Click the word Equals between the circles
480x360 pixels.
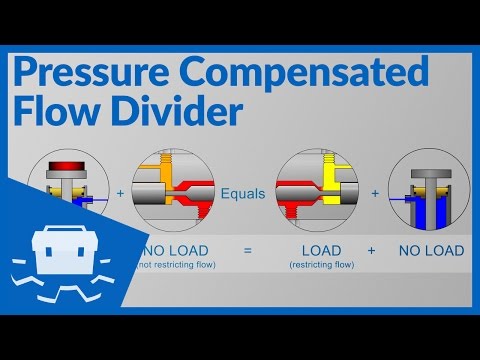(243, 194)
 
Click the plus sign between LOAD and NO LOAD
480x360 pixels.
(371, 250)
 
